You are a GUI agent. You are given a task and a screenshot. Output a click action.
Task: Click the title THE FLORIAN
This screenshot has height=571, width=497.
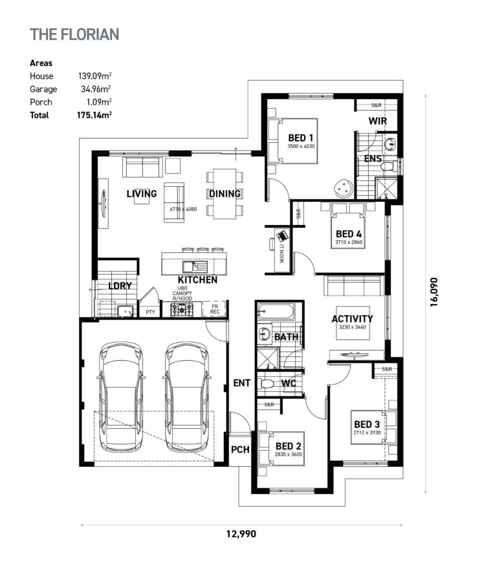coord(74,34)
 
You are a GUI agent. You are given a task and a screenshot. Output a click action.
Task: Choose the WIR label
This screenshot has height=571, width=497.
coord(378,122)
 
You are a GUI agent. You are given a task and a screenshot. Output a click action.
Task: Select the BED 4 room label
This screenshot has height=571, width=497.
coord(349,234)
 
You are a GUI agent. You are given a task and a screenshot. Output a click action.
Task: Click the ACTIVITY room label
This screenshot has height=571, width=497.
coord(352,319)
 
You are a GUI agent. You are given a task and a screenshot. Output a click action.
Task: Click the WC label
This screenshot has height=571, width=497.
coord(289,383)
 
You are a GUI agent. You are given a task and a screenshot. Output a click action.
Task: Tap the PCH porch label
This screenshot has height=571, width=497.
coord(240,451)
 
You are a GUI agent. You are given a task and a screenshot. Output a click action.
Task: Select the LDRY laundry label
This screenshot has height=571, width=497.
coord(120,286)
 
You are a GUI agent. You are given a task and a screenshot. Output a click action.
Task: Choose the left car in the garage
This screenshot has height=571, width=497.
coord(121,396)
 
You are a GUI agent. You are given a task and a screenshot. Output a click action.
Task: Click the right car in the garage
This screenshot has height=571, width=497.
coord(188,396)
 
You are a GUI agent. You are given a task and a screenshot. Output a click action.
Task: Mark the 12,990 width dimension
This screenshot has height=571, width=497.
coord(241,534)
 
